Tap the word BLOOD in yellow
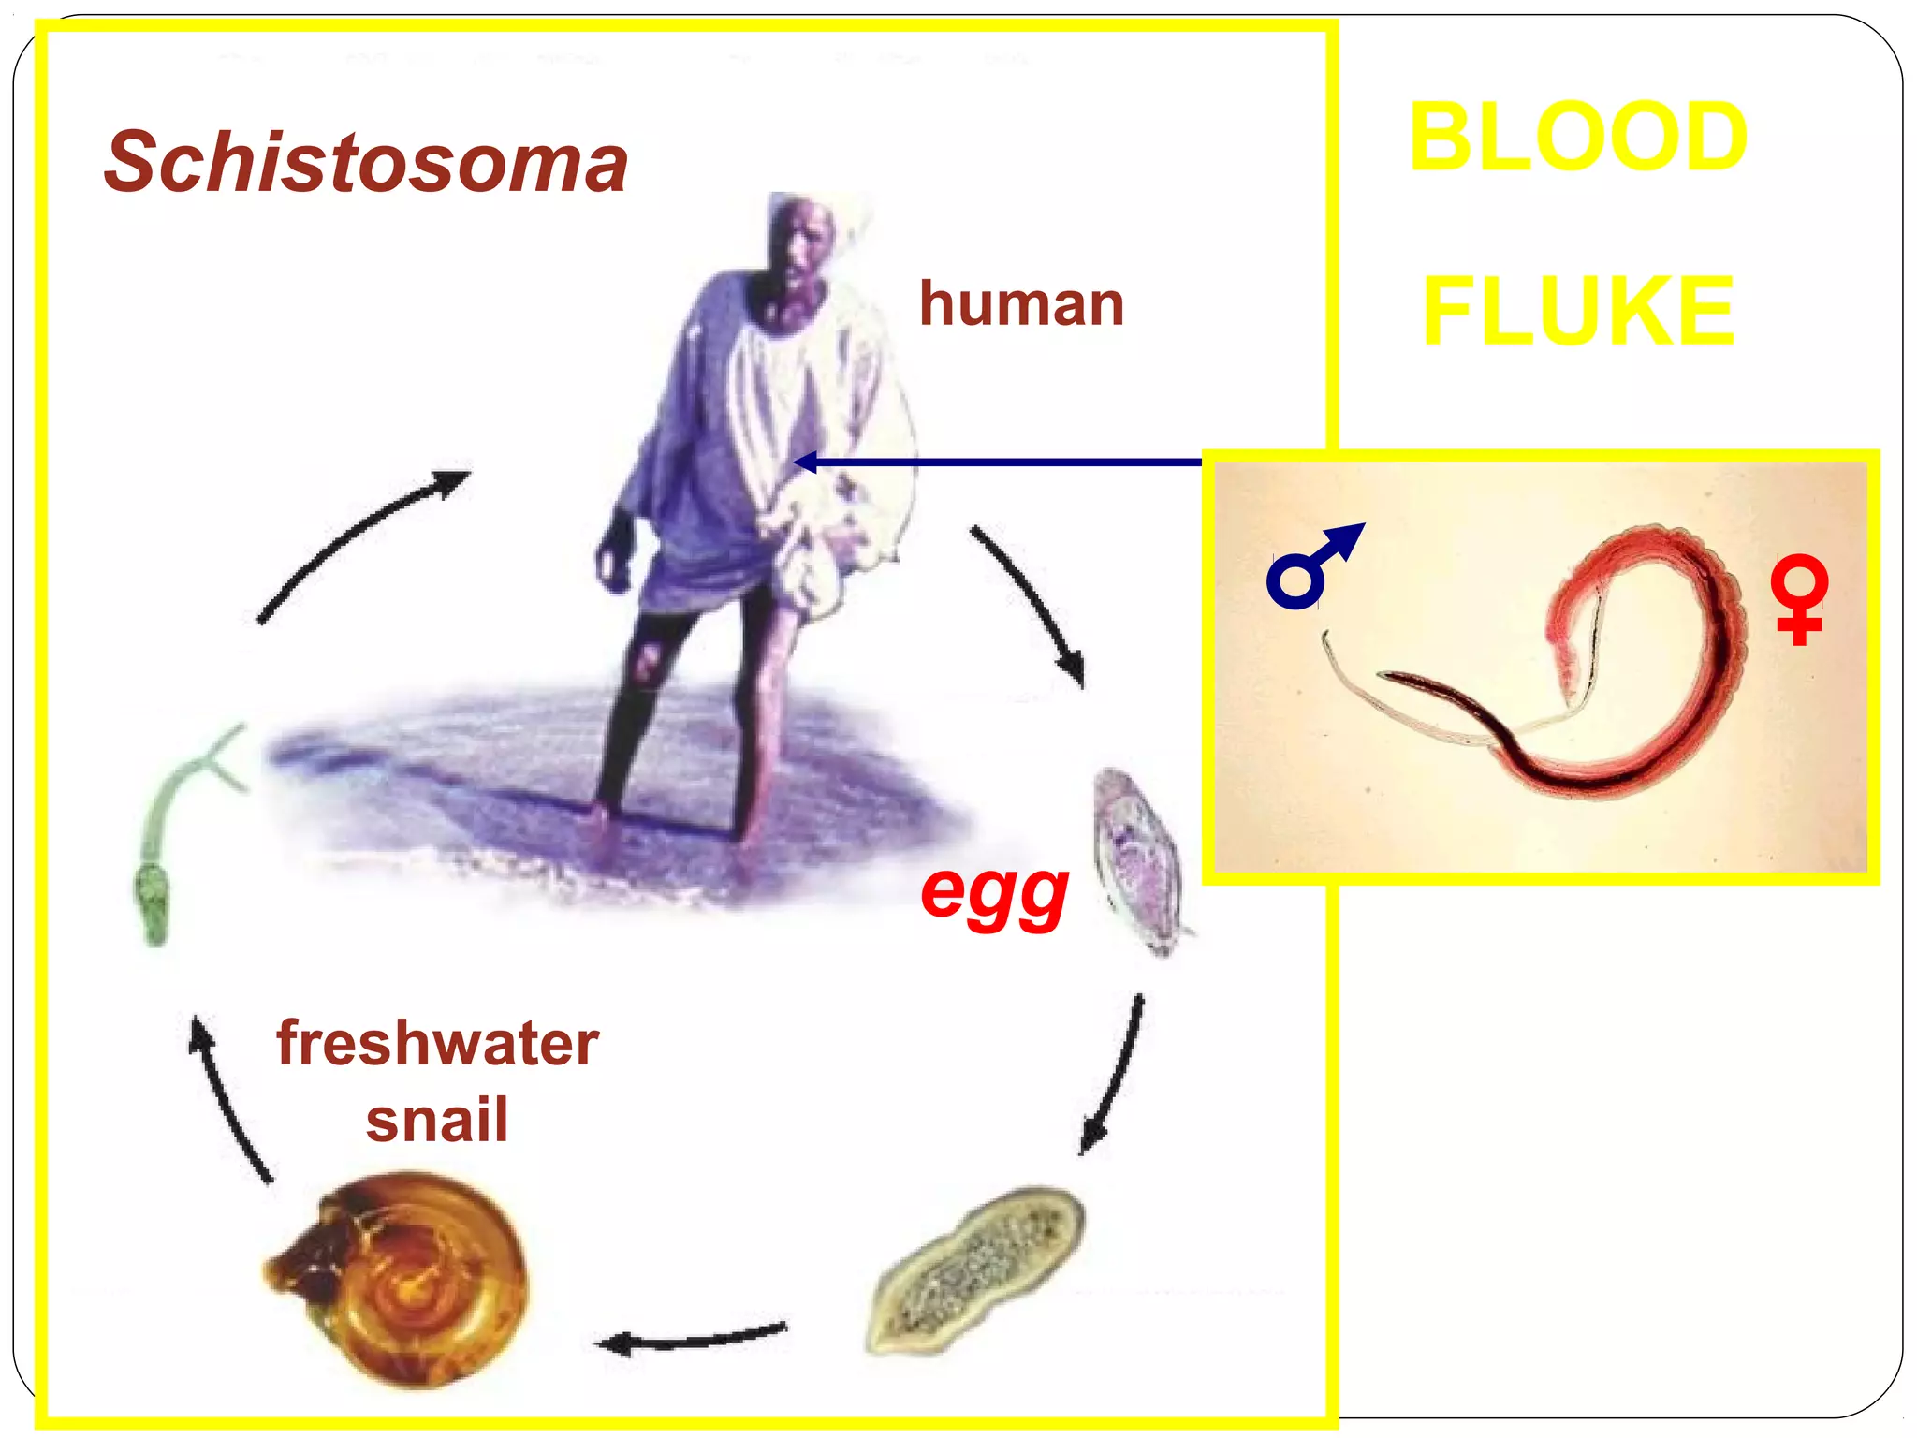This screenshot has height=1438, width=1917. (x=1578, y=138)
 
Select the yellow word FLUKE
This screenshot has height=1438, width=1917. (x=1578, y=311)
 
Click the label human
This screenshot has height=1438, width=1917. (x=1021, y=304)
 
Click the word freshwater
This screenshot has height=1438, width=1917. (x=437, y=1044)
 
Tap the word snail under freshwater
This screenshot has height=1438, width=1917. (x=437, y=1121)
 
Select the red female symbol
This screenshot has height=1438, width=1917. (x=1798, y=600)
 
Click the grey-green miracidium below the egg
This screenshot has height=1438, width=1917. (x=978, y=1269)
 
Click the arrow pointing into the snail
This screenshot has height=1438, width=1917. (x=693, y=1339)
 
